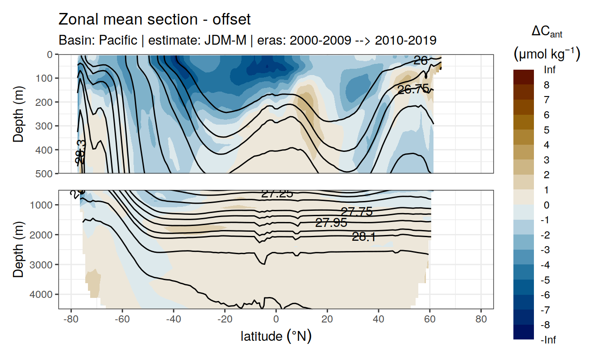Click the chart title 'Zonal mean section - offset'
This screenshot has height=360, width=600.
(155, 20)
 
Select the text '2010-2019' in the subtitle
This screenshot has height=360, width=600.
(405, 40)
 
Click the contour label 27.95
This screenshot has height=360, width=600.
(331, 222)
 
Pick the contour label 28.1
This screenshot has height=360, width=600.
(364, 237)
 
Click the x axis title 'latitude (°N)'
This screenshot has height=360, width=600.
(276, 336)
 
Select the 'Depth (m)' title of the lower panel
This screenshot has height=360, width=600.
(18, 249)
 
